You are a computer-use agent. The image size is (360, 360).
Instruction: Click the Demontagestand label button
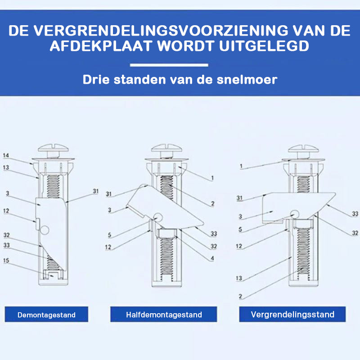[46, 314]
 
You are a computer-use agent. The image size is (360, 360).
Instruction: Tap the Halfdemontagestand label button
[164, 314]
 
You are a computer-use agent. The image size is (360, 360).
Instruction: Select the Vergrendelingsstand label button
[292, 314]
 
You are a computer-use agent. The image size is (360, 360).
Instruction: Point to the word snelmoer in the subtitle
[247, 80]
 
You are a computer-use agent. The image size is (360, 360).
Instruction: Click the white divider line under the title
[169, 65]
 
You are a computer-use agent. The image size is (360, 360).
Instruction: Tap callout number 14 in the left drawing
[6, 155]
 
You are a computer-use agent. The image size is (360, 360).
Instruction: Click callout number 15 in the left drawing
[6, 261]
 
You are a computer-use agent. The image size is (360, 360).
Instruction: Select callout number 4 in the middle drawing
[212, 258]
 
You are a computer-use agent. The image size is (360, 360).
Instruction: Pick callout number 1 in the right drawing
[241, 166]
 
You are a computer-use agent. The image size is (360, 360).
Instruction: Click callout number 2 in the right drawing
[240, 297]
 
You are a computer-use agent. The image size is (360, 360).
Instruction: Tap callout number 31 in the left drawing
[95, 191]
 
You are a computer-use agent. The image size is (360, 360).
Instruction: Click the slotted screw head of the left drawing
[53, 148]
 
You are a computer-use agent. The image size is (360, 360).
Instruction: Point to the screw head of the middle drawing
[166, 148]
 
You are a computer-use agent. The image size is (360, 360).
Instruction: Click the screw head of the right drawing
[303, 149]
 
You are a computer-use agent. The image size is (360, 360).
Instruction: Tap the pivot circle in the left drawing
[45, 230]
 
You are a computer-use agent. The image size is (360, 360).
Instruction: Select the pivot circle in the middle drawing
[158, 216]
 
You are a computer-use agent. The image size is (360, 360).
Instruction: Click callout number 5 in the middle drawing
[109, 235]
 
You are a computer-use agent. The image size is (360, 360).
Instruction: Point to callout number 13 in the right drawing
[239, 278]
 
